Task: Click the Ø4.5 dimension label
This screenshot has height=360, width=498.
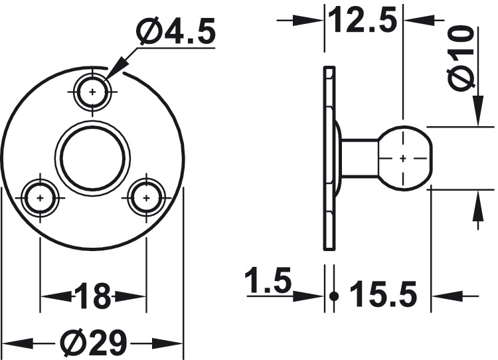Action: pyautogui.click(x=176, y=31)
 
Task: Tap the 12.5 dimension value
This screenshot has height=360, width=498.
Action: pyautogui.click(x=363, y=21)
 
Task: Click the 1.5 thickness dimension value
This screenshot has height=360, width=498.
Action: pyautogui.click(x=268, y=280)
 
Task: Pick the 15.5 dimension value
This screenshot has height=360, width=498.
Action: pyautogui.click(x=383, y=294)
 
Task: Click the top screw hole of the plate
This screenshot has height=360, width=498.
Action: pyautogui.click(x=92, y=92)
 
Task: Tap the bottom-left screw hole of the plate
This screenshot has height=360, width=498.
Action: pyautogui.click(x=40, y=198)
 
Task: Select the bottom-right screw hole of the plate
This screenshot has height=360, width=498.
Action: pyautogui.click(x=146, y=198)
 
